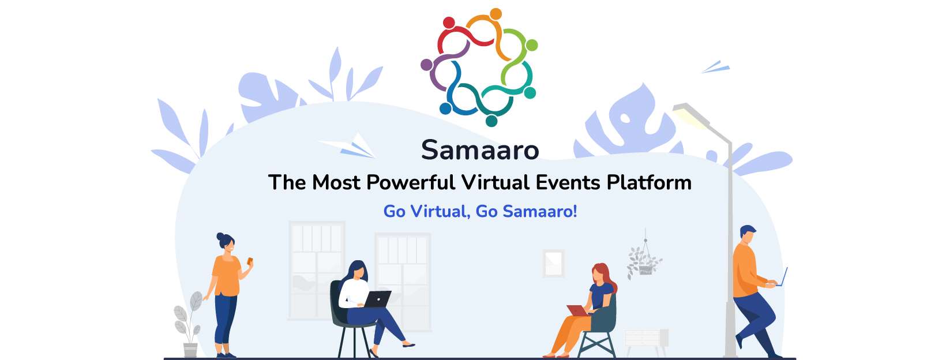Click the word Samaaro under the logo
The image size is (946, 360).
pyautogui.click(x=480, y=150)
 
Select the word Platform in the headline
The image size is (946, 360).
pyautogui.click(x=649, y=182)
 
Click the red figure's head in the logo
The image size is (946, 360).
pyautogui.click(x=449, y=22)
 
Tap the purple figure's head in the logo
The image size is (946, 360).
pyautogui.click(x=426, y=65)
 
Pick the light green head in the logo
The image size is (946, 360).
pyautogui.click(x=532, y=45)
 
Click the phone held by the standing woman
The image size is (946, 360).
pyautogui.click(x=250, y=261)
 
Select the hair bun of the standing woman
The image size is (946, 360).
pyautogui.click(x=220, y=236)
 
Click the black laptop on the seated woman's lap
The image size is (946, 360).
pyautogui.click(x=377, y=299)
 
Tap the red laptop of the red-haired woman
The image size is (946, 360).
pyautogui.click(x=578, y=310)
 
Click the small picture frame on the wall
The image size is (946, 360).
pyautogui.click(x=554, y=264)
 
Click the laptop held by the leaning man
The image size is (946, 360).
pyautogui.click(x=783, y=277)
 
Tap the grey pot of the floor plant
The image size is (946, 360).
pyautogui.click(x=190, y=350)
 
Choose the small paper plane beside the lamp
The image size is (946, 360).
pyautogui.click(x=716, y=67)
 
